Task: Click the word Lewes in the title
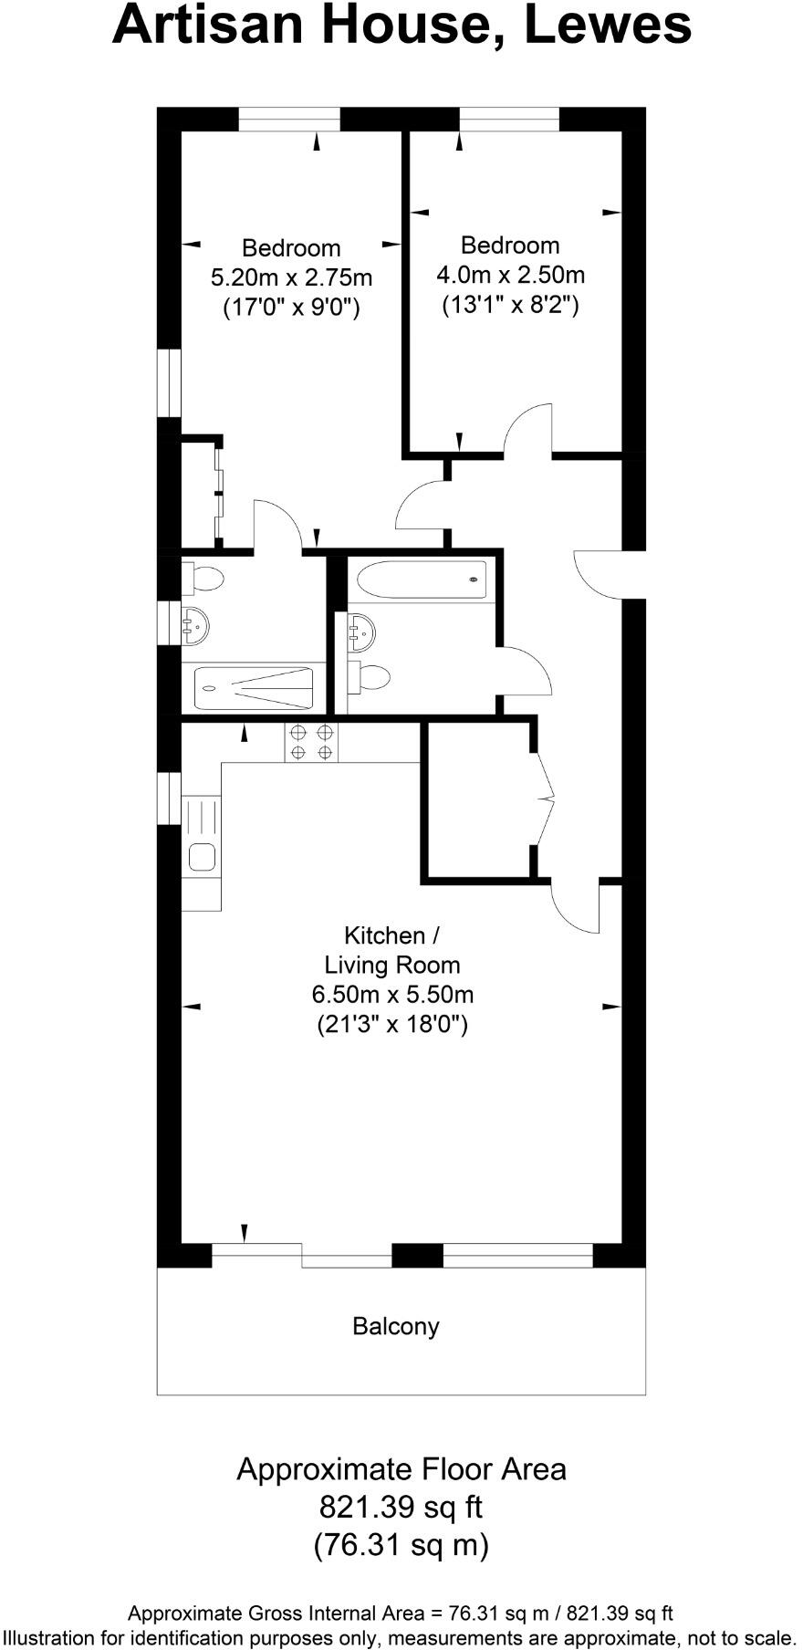(608, 26)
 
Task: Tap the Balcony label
(396, 1326)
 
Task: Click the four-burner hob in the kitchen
(311, 741)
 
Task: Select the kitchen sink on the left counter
(202, 856)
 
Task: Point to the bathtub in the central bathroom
(422, 580)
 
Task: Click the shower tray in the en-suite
(255, 688)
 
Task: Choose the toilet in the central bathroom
(370, 676)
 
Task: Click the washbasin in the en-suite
(195, 624)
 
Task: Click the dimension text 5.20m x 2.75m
(291, 277)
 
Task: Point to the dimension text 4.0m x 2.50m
(510, 275)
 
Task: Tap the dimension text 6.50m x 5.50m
(392, 995)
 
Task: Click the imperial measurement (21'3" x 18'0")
(392, 1024)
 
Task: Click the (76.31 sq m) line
(401, 1545)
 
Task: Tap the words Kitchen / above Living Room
(391, 935)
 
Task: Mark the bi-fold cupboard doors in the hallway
(543, 799)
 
